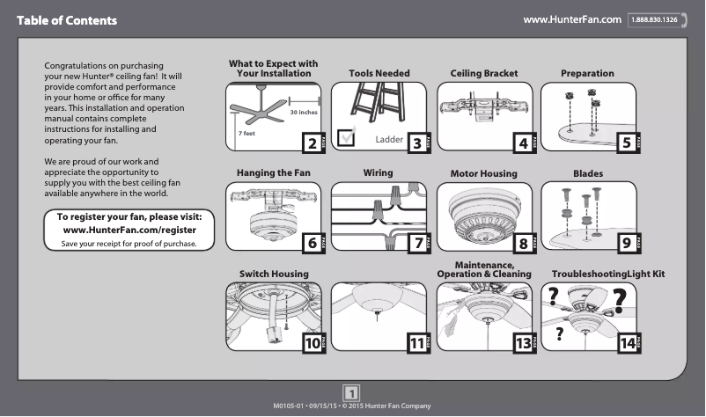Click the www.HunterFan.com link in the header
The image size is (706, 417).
tap(572, 19)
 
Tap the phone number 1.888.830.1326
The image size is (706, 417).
tap(658, 19)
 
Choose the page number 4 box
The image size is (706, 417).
tap(523, 143)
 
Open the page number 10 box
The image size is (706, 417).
tap(311, 344)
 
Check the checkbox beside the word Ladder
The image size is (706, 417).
tap(347, 135)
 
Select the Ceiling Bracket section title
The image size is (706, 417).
tap(483, 73)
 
